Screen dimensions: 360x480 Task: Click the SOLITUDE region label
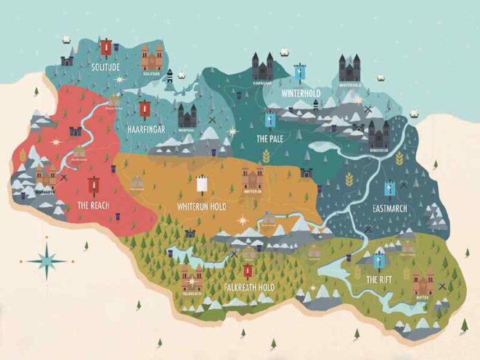tap(106, 66)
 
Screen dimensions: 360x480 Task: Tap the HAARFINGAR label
tap(145, 129)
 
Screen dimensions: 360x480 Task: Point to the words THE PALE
tap(270, 139)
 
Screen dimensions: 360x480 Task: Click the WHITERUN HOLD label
tap(201, 206)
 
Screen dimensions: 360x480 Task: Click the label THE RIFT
tap(378, 279)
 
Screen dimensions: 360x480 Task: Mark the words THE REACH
tap(94, 205)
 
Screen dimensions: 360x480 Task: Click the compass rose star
tap(48, 261)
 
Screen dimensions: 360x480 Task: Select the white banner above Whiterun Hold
tap(202, 184)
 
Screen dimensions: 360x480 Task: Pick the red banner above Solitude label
tap(106, 47)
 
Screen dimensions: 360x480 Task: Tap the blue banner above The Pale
tap(270, 120)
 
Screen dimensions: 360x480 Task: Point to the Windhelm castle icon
tap(378, 133)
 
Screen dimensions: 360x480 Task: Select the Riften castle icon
tap(423, 281)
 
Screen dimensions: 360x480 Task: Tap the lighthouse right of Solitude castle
tap(169, 77)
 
